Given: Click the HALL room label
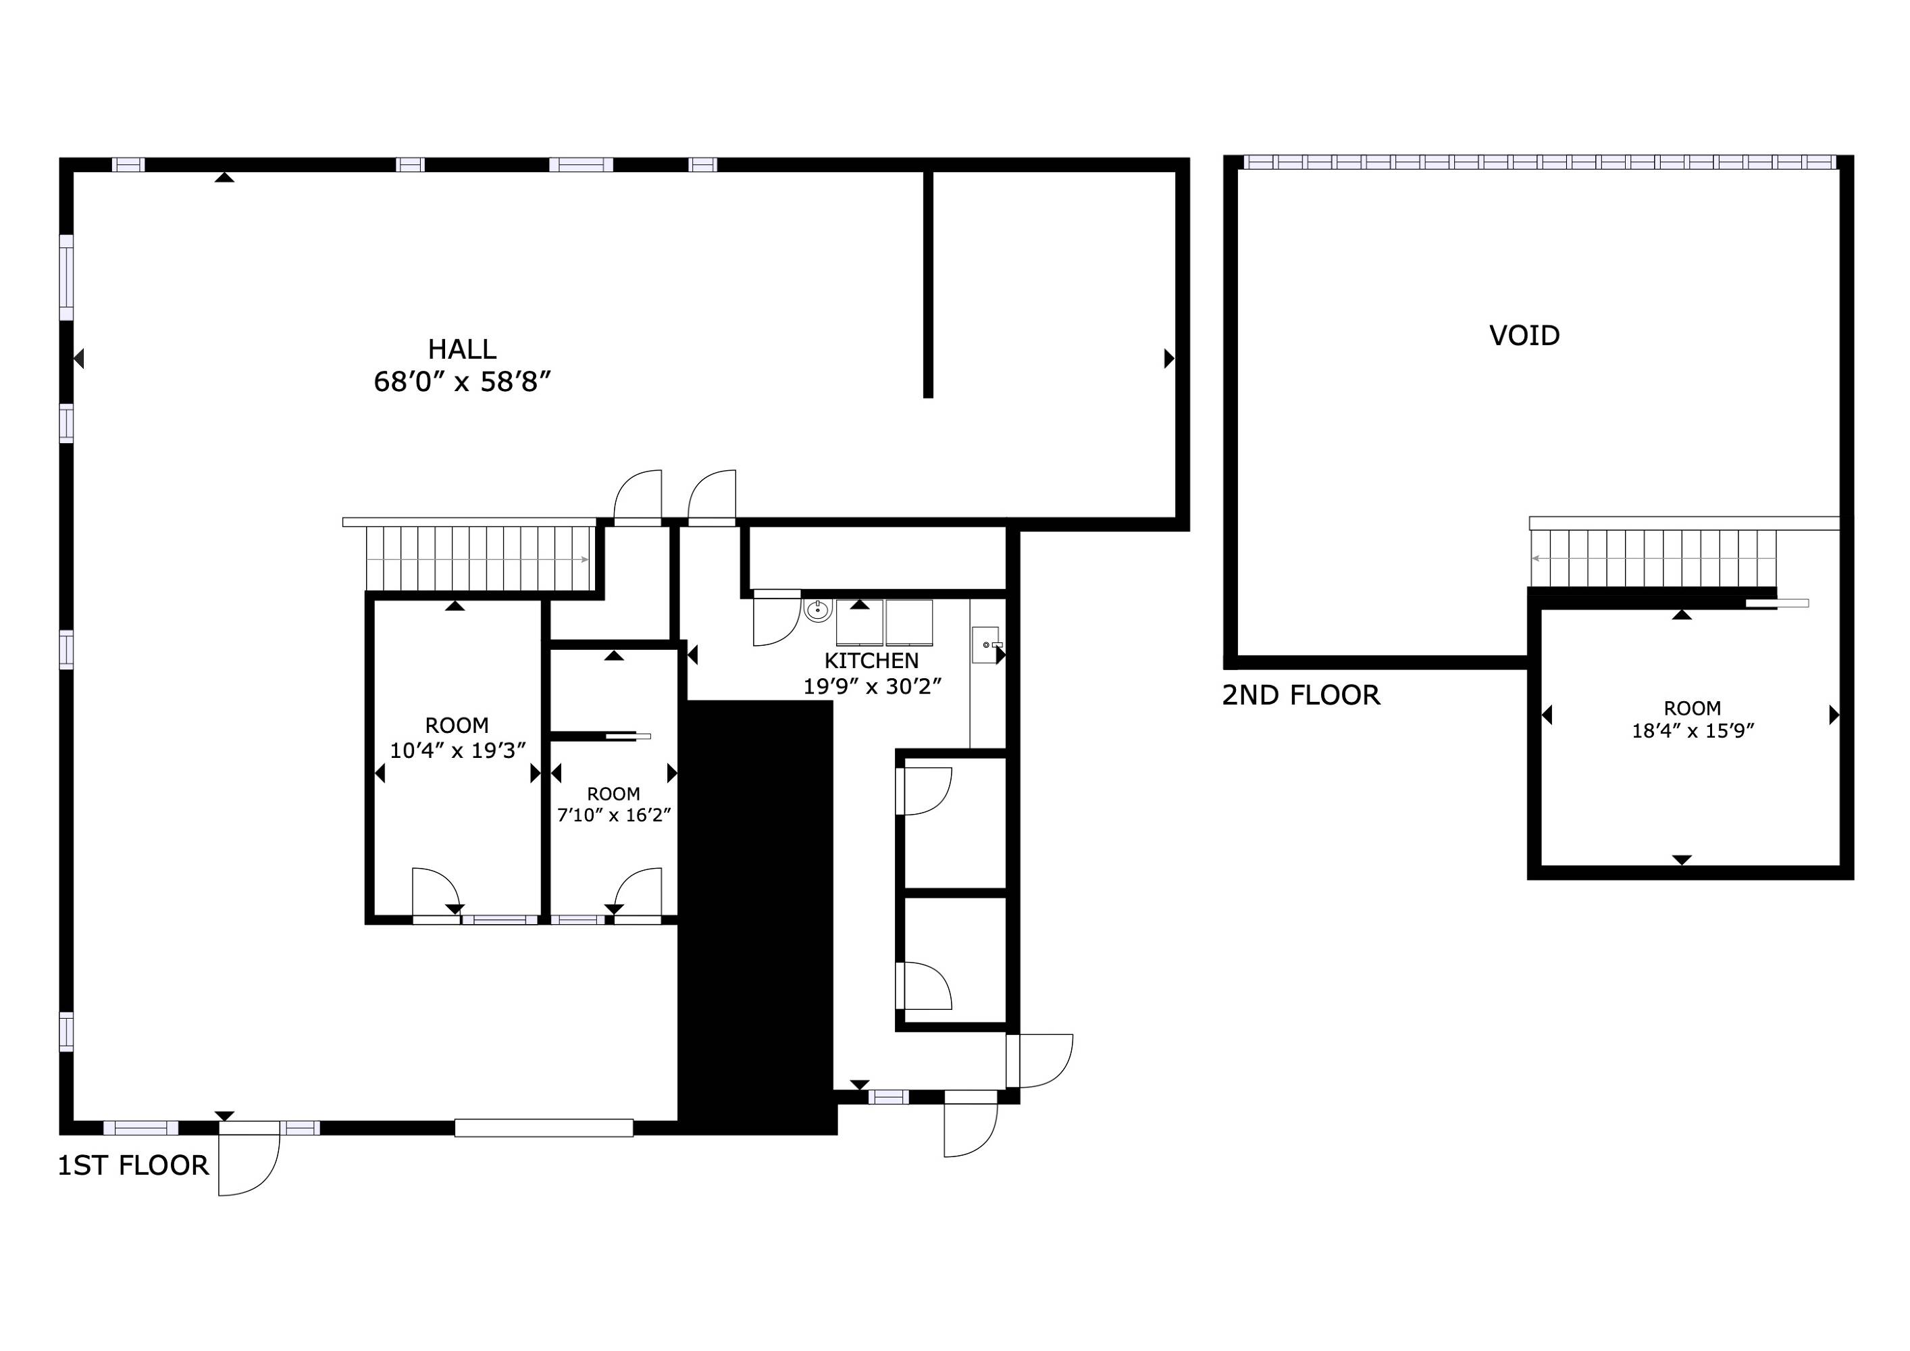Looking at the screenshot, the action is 462,349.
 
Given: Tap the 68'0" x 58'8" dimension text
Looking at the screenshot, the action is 463,382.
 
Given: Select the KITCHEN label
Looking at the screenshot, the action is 871,661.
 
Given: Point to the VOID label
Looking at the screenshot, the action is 1524,335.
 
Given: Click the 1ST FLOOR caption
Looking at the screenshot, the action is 133,1165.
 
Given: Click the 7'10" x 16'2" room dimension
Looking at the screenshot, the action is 614,815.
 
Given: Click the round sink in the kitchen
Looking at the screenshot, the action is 818,611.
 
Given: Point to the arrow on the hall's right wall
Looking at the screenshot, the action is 1169,359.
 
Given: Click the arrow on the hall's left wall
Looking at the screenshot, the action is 79,359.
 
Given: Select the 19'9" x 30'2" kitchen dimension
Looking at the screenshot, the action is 871,686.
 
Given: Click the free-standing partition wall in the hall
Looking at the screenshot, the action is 929,284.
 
